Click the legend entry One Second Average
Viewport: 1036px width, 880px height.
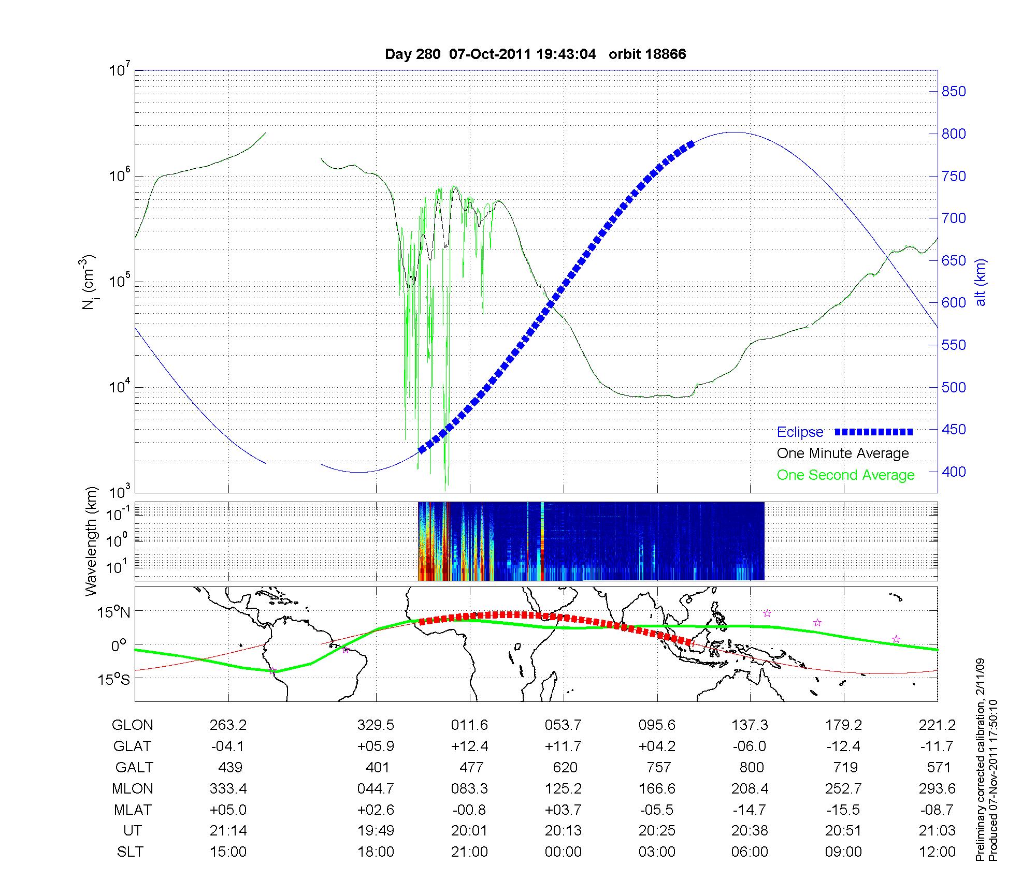pyautogui.click(x=845, y=475)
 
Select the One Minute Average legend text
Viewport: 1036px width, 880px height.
pyautogui.click(x=843, y=453)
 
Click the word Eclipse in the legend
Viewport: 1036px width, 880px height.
pyautogui.click(x=800, y=432)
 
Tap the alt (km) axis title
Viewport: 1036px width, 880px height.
pyautogui.click(x=981, y=282)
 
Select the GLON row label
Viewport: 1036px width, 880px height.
pyautogui.click(x=132, y=725)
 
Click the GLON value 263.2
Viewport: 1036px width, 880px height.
pyautogui.click(x=228, y=725)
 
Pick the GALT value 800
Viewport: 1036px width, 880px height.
pyautogui.click(x=752, y=767)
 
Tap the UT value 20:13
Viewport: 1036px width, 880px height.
pyautogui.click(x=563, y=831)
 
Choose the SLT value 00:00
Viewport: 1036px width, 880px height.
pyautogui.click(x=563, y=852)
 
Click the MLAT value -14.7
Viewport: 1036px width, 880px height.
pyautogui.click(x=750, y=810)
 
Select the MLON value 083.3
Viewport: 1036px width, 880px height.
pyautogui.click(x=469, y=789)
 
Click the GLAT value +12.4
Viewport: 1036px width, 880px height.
pyautogui.click(x=469, y=746)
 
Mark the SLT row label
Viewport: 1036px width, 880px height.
pyautogui.click(x=130, y=852)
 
